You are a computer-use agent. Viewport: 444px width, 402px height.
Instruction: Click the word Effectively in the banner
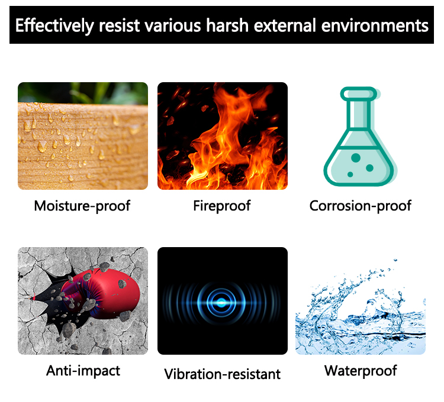pyautogui.click(x=54, y=26)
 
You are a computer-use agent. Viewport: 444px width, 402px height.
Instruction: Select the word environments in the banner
pyautogui.click(x=375, y=25)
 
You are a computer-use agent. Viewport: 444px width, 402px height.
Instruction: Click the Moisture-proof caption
pyautogui.click(x=82, y=206)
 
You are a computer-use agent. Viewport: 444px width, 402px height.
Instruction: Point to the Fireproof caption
pyautogui.click(x=222, y=206)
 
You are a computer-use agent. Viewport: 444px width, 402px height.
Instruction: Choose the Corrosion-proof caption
pyautogui.click(x=360, y=206)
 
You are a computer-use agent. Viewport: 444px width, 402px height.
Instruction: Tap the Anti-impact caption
pyautogui.click(x=83, y=371)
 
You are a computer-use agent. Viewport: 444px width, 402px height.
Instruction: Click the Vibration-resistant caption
pyautogui.click(x=222, y=374)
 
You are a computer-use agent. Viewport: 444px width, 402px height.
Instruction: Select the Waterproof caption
pyautogui.click(x=361, y=371)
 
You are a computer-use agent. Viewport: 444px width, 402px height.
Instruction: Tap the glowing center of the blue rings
pyautogui.click(x=222, y=303)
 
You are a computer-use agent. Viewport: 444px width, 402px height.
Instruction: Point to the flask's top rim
pyautogui.click(x=359, y=94)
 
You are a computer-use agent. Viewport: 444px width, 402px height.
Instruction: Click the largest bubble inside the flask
pyautogui.click(x=356, y=158)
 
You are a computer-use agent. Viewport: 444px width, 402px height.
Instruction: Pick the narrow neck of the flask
pyautogui.click(x=359, y=115)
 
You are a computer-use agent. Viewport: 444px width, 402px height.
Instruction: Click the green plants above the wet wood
pyautogui.click(x=83, y=93)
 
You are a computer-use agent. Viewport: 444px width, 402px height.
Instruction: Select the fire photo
pyautogui.click(x=223, y=136)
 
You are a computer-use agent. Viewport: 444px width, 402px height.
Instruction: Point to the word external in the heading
pyautogui.click(x=285, y=25)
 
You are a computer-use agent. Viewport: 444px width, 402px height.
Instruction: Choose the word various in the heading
pyautogui.click(x=173, y=25)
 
